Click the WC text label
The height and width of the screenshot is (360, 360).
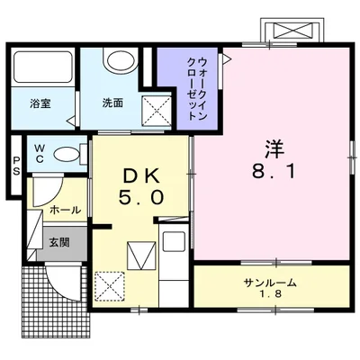40,154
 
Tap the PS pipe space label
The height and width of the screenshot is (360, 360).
16,167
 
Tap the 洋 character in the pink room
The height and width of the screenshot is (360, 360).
274,144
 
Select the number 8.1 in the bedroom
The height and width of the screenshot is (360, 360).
274,170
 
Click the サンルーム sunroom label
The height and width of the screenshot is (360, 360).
269,282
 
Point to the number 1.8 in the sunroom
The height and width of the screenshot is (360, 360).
270,294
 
